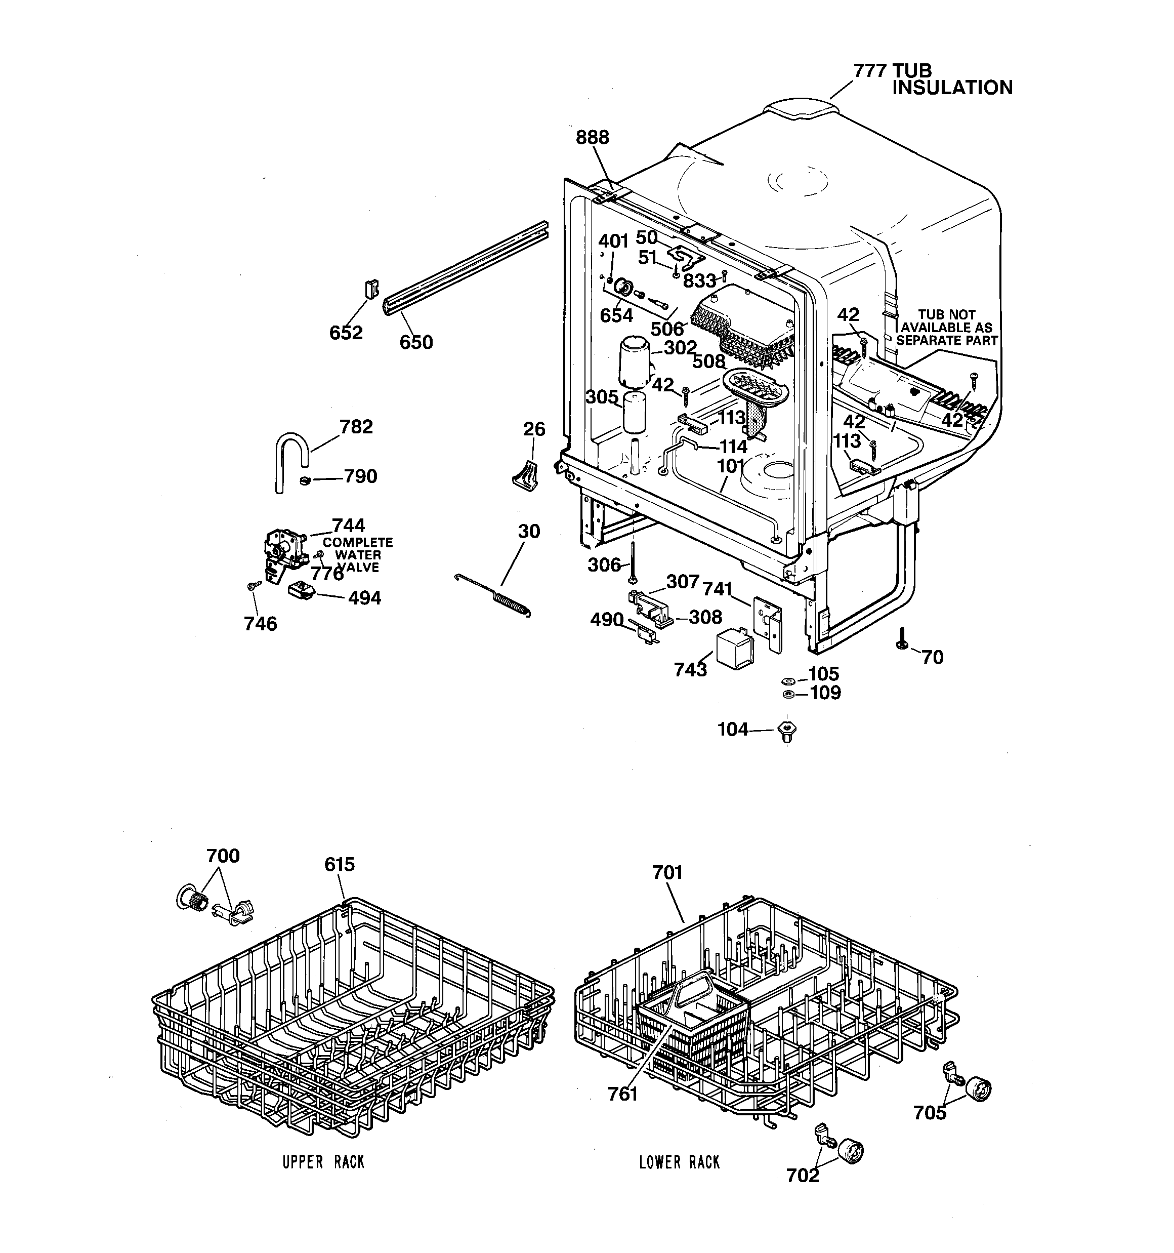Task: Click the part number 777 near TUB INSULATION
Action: coord(870,70)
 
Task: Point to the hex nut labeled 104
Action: coord(786,731)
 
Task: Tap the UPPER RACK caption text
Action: coord(323,1161)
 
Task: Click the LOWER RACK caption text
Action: coord(679,1161)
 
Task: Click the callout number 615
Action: coord(340,864)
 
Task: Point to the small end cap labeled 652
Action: coord(371,289)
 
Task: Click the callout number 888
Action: coord(593,137)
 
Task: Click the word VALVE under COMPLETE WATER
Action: coord(357,567)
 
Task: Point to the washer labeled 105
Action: coord(787,681)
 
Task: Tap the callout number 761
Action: coord(622,1094)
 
